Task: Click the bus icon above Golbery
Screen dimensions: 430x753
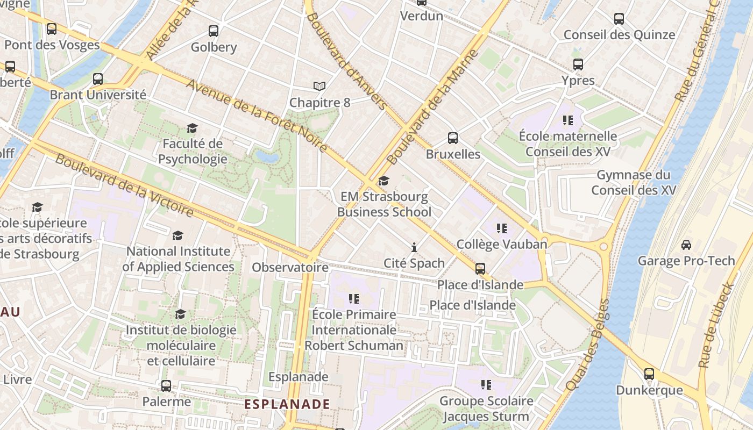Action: coord(214,31)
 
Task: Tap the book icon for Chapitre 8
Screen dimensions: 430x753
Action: coord(319,86)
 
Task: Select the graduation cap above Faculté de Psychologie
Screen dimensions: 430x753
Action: coord(192,128)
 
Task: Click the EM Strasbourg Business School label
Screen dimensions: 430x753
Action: coord(384,204)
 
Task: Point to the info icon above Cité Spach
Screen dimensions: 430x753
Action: coord(414,247)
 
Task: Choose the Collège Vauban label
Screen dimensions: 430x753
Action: coord(501,244)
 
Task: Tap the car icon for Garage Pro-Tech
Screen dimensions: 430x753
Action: coord(686,245)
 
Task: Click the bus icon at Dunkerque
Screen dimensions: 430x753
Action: coord(649,374)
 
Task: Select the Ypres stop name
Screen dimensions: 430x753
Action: coord(578,81)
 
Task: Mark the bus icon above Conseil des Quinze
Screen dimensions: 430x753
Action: coord(619,19)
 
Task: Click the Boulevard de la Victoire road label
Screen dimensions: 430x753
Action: coord(124,185)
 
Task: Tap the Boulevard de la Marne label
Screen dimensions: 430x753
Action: coord(432,107)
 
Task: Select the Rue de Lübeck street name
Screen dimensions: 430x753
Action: coord(716,325)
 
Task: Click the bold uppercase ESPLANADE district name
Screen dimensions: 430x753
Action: coord(287,404)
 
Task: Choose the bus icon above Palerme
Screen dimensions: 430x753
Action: coord(166,385)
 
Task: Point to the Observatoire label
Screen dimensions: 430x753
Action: coord(290,267)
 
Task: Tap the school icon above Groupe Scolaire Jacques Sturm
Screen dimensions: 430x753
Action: coord(486,385)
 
